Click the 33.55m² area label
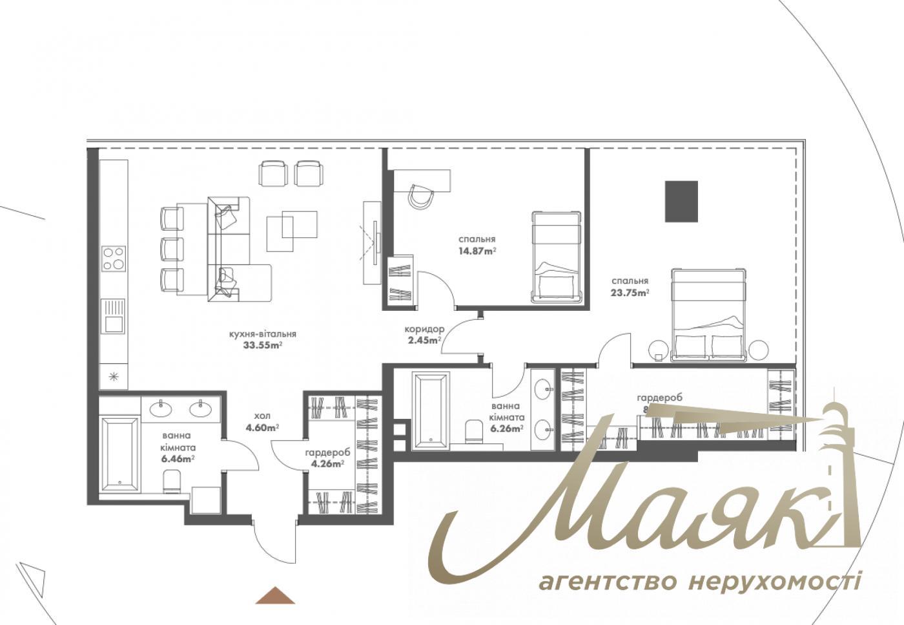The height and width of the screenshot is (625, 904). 262,344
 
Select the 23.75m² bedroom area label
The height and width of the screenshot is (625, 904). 630,291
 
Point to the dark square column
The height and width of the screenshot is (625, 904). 682,201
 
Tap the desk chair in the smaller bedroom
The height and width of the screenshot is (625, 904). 422,195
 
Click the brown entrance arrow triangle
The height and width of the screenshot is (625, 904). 275,595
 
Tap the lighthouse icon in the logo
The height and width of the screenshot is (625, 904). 839,472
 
